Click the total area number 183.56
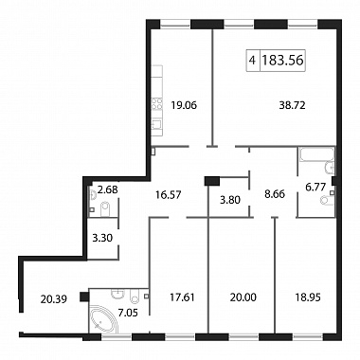click(282, 60)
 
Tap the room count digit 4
click(252, 60)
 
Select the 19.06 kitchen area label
click(184, 105)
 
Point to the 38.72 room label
click(292, 105)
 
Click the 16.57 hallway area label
click(169, 195)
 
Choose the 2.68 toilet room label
click(107, 189)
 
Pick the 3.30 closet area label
click(102, 237)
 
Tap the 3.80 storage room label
click(230, 200)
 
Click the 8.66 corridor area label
click(275, 194)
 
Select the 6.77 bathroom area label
click(315, 188)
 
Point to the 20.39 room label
click(54, 298)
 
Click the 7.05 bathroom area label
click(128, 313)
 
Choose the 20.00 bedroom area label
click(243, 297)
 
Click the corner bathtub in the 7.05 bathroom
click(102, 320)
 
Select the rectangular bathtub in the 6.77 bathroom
click(316, 154)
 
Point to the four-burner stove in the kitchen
click(156, 105)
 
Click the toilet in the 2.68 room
click(105, 209)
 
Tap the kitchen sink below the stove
click(156, 124)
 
